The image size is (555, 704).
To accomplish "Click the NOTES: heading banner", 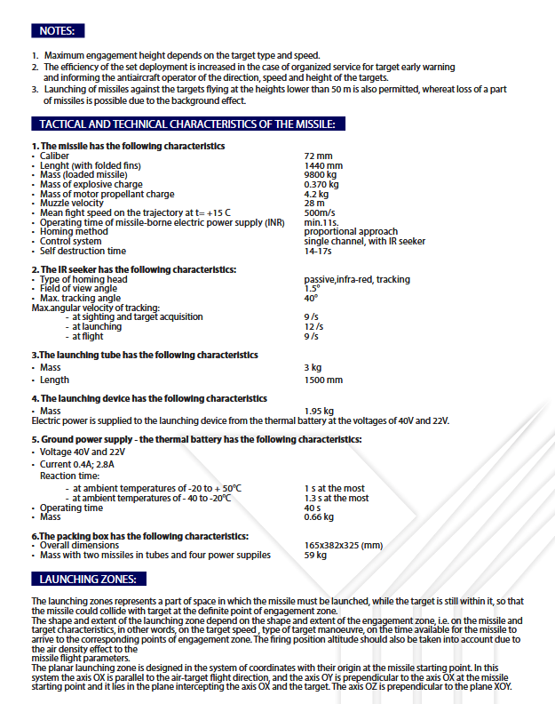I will pyautogui.click(x=58, y=31).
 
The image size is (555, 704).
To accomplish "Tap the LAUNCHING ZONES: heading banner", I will pyautogui.click(x=87, y=580).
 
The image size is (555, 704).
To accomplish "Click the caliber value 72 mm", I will pyautogui.click(x=318, y=156).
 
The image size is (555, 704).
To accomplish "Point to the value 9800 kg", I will pyautogui.click(x=321, y=175).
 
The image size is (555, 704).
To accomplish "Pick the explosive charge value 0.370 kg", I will pyautogui.click(x=321, y=184).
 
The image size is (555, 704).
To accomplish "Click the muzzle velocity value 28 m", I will pyautogui.click(x=314, y=203).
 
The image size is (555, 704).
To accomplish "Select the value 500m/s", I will pyautogui.click(x=319, y=212).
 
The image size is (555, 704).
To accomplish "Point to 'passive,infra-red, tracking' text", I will pyautogui.click(x=357, y=279).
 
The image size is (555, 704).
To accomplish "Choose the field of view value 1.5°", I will pyautogui.click(x=311, y=289).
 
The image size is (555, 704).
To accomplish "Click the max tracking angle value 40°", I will pyautogui.click(x=311, y=298).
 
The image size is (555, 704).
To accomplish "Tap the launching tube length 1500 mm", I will pyautogui.click(x=323, y=380).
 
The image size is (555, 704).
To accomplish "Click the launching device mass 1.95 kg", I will pyautogui.click(x=319, y=411).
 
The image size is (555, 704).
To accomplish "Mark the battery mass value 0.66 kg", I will pyautogui.click(x=319, y=516).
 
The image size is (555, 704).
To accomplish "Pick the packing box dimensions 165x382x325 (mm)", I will pyautogui.click(x=344, y=545).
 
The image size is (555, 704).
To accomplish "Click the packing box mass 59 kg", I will pyautogui.click(x=314, y=555).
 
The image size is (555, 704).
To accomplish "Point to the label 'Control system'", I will pyautogui.click(x=71, y=241).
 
